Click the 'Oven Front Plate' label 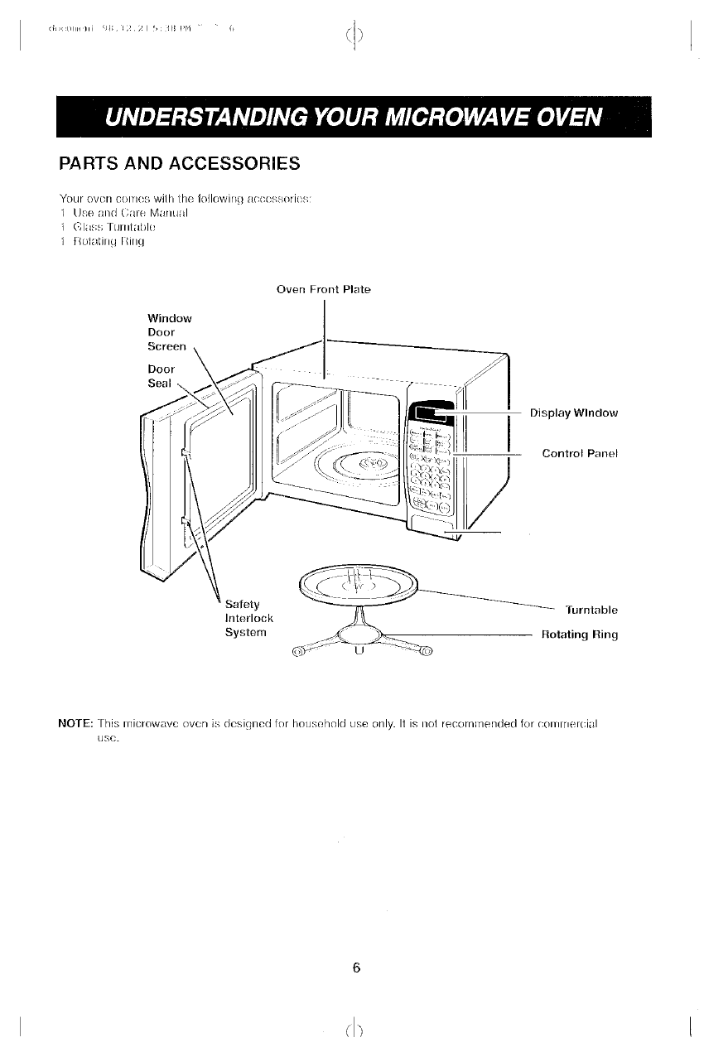pyautogui.click(x=323, y=289)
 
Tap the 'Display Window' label pyautogui.click(x=573, y=413)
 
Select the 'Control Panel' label pyautogui.click(x=580, y=453)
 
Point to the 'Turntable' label pyautogui.click(x=591, y=610)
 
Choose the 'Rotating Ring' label pyautogui.click(x=579, y=635)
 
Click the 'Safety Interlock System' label pyautogui.click(x=249, y=618)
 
